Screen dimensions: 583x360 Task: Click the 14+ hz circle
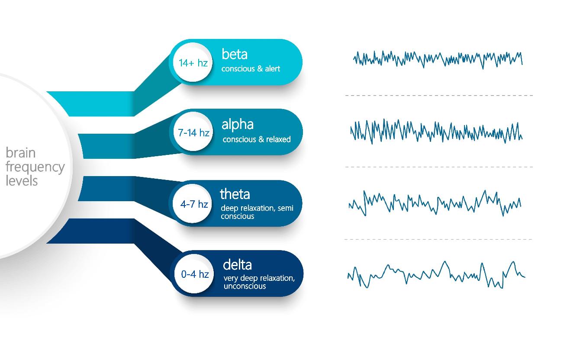pyautogui.click(x=193, y=62)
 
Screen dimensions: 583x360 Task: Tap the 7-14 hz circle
pyautogui.click(x=193, y=132)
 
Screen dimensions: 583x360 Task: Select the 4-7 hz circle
pyautogui.click(x=192, y=204)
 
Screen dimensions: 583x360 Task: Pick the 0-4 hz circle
pyautogui.click(x=194, y=273)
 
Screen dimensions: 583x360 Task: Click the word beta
pyautogui.click(x=235, y=54)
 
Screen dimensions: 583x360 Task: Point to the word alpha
pyautogui.click(x=237, y=124)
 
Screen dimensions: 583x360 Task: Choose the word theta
pyautogui.click(x=235, y=194)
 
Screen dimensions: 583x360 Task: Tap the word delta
pyautogui.click(x=237, y=264)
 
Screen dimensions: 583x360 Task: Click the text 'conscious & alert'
pyautogui.click(x=251, y=69)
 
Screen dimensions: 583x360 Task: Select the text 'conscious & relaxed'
pyautogui.click(x=256, y=139)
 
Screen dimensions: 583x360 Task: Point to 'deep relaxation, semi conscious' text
pyautogui.click(x=257, y=212)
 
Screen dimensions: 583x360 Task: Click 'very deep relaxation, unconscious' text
pyautogui.click(x=259, y=282)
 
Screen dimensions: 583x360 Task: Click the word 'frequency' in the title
pyautogui.click(x=35, y=167)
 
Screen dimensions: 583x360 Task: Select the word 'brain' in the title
pyautogui.click(x=21, y=153)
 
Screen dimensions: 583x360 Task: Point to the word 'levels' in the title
pyautogui.click(x=22, y=180)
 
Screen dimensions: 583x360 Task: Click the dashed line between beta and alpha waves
pyautogui.click(x=439, y=96)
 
